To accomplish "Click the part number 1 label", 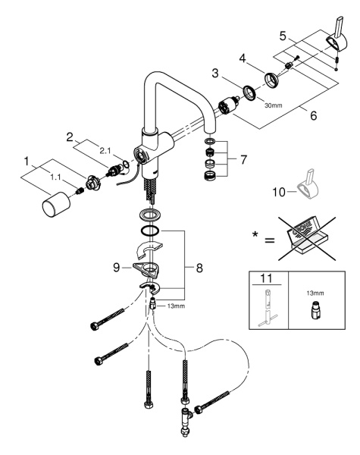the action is click(27, 162).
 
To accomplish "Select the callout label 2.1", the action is click(105, 151).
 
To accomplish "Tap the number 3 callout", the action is click(215, 73).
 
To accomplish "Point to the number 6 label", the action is click(314, 116).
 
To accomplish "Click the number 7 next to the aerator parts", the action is click(243, 159).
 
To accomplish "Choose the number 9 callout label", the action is click(116, 268).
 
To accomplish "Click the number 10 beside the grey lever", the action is click(279, 192).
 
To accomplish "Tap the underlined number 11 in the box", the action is click(266, 278).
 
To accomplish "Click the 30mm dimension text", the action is click(274, 105).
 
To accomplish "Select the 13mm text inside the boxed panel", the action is click(315, 293).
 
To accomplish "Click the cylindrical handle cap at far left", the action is click(56, 206).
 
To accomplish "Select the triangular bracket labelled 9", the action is click(147, 269).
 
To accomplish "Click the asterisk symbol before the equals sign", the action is click(255, 234).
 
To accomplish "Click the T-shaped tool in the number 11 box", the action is click(267, 308).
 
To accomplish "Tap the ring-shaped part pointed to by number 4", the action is click(272, 80).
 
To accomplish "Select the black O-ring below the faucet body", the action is click(149, 231).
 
